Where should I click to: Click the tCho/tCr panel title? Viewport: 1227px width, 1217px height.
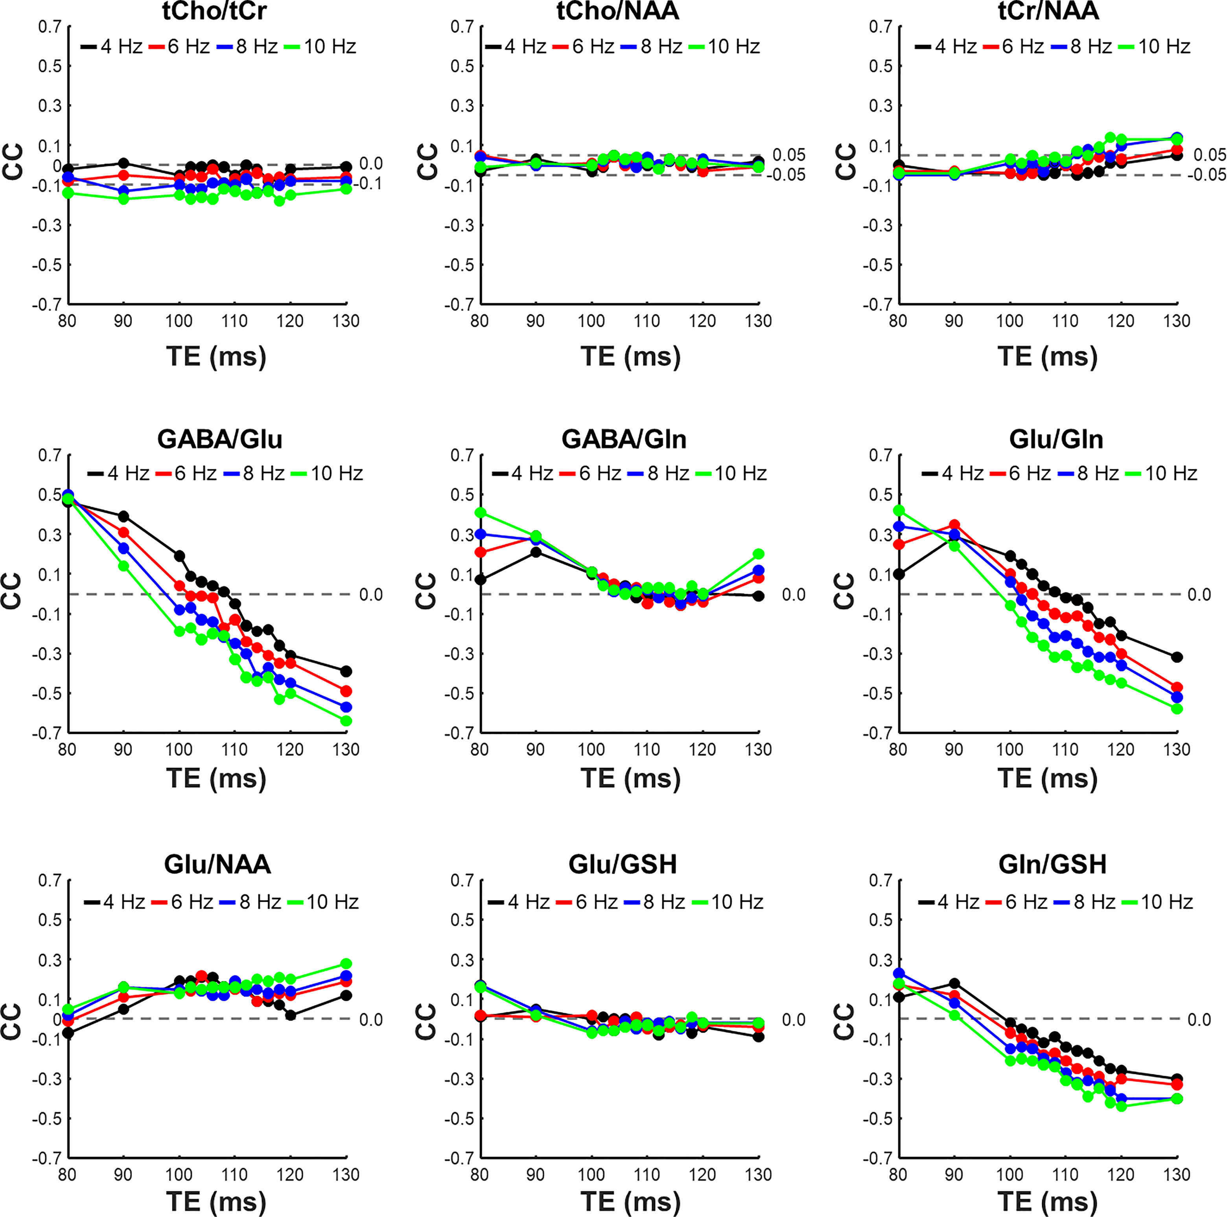click(x=215, y=11)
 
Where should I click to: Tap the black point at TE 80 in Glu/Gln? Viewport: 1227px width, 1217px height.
click(x=899, y=574)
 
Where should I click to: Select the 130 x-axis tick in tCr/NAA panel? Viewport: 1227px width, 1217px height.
click(x=1176, y=321)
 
